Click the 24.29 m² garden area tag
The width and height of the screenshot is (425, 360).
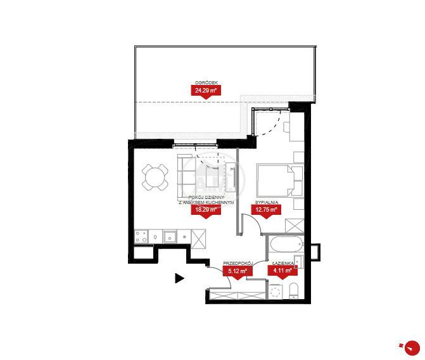coord(206,91)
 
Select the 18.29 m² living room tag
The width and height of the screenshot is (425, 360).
coord(206,210)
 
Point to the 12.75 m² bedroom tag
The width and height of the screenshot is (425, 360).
coord(266,210)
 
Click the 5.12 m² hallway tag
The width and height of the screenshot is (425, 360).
coord(238,271)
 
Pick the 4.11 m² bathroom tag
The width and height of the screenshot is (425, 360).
coord(282,271)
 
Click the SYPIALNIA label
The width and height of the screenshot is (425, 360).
coord(267,202)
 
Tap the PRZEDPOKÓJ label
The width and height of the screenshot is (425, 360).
coord(238,263)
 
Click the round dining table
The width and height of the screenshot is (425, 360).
coord(155,177)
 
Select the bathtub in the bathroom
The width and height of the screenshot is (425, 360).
coord(286,244)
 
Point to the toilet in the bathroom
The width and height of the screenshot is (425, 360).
coord(293,290)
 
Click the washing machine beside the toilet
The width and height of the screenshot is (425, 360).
coord(276,292)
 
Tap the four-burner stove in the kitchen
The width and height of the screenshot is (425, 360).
coord(141,236)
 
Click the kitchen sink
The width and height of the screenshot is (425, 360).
coord(170,236)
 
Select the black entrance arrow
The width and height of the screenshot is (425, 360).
coord(179,278)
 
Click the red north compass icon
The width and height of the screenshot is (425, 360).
coord(412,347)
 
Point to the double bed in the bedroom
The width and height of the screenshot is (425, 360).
coord(280,180)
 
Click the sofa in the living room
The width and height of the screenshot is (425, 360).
coord(186,176)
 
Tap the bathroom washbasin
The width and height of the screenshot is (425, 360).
coord(299,261)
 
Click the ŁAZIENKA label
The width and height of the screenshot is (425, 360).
coord(283,263)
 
